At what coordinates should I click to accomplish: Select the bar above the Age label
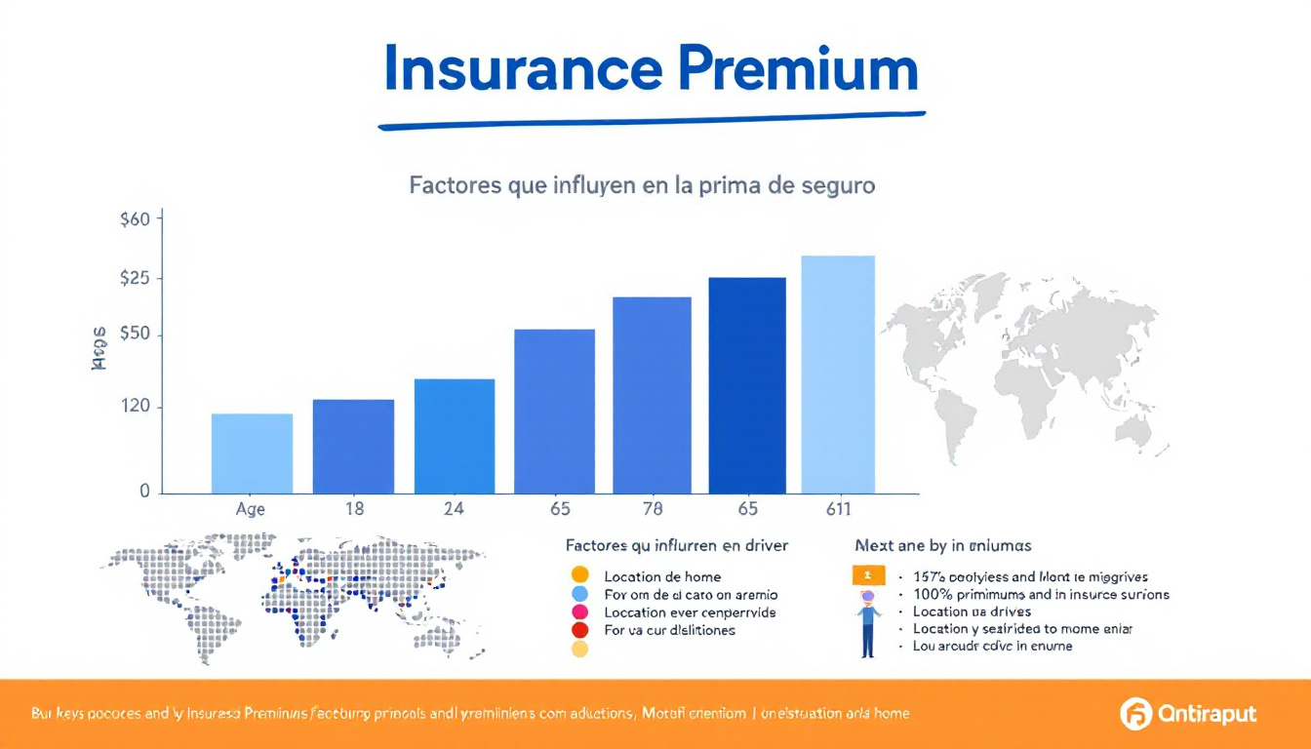point(252,453)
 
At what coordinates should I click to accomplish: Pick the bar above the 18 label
point(353,446)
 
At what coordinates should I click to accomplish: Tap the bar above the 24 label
point(455,436)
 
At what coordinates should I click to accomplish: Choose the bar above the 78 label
point(652,395)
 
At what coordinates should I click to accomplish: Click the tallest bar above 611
point(837,374)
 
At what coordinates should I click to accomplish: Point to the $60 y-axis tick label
point(135,219)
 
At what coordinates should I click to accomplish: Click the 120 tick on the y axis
point(135,407)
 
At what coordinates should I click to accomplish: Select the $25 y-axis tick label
point(135,279)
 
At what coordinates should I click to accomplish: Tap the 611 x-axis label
point(837,509)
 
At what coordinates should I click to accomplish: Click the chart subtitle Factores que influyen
point(642,185)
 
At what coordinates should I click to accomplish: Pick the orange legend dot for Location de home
point(579,575)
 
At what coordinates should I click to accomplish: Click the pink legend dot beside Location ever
point(579,612)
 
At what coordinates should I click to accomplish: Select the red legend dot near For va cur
point(579,630)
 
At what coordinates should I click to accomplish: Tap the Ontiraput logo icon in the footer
point(1136,714)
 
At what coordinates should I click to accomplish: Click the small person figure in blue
point(867,624)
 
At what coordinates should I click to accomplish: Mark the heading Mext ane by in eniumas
point(942,546)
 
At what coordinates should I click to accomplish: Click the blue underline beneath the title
point(652,121)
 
